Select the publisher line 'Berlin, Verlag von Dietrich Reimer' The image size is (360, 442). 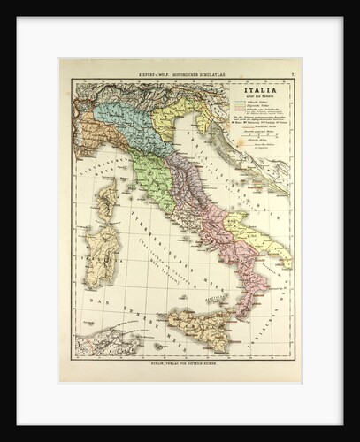(x=181, y=363)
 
